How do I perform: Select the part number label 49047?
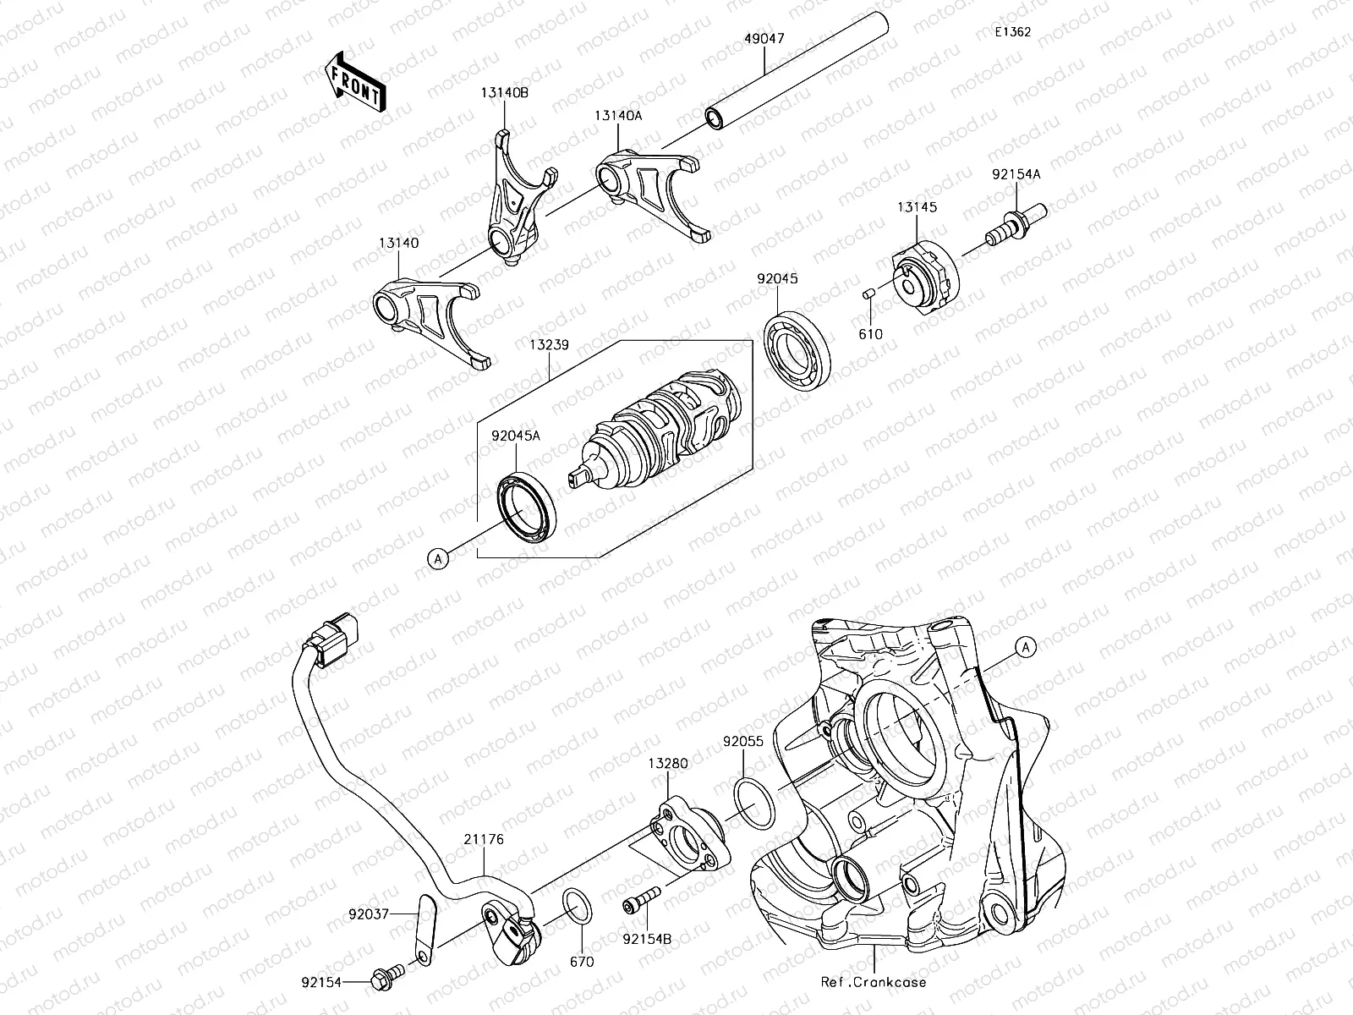pyautogui.click(x=764, y=39)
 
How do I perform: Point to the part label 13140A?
pyautogui.click(x=617, y=116)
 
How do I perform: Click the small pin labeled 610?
pyautogui.click(x=868, y=294)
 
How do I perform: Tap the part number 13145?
pyautogui.click(x=918, y=207)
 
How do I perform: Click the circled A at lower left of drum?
pyautogui.click(x=437, y=557)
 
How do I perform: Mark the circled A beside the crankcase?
pyautogui.click(x=1025, y=647)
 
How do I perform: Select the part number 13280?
pyautogui.click(x=668, y=763)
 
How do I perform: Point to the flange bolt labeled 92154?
pyautogui.click(x=385, y=980)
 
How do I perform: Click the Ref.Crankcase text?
pyautogui.click(x=873, y=983)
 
